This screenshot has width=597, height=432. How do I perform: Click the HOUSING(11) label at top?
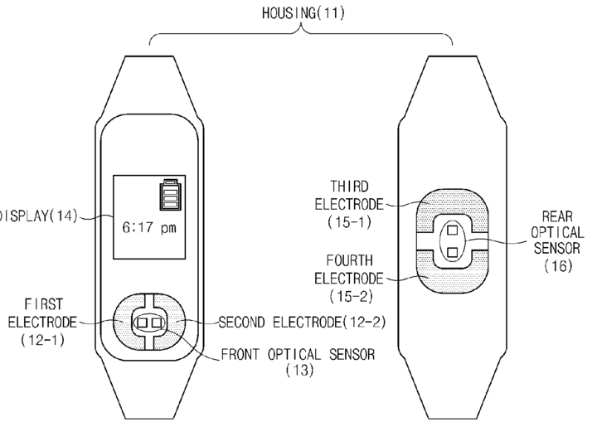[x=303, y=13]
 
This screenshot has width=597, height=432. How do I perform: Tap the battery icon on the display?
[x=171, y=194]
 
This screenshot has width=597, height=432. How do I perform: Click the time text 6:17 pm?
[x=149, y=228]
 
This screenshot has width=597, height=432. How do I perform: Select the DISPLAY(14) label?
[x=38, y=216]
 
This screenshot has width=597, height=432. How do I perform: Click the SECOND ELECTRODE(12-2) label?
[x=303, y=323]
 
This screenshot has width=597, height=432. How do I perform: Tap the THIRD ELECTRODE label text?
[x=349, y=196]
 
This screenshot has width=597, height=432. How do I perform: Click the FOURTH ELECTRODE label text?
[x=349, y=269]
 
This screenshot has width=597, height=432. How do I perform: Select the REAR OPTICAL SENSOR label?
[x=557, y=232]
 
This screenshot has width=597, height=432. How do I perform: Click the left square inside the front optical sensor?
[x=142, y=323]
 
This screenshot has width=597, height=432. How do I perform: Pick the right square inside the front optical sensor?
[x=157, y=323]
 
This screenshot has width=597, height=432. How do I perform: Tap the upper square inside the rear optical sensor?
[x=453, y=231]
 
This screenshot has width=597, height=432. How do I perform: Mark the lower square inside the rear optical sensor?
[x=453, y=252]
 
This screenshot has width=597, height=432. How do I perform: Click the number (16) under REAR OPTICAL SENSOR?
[x=559, y=265]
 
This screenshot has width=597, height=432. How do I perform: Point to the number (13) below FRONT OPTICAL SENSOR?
[x=299, y=370]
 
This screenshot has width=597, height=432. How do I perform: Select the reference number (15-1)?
[x=350, y=222]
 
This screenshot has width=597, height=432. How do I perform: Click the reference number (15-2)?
[x=351, y=296]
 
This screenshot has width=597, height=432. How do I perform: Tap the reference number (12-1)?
[x=42, y=339]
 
